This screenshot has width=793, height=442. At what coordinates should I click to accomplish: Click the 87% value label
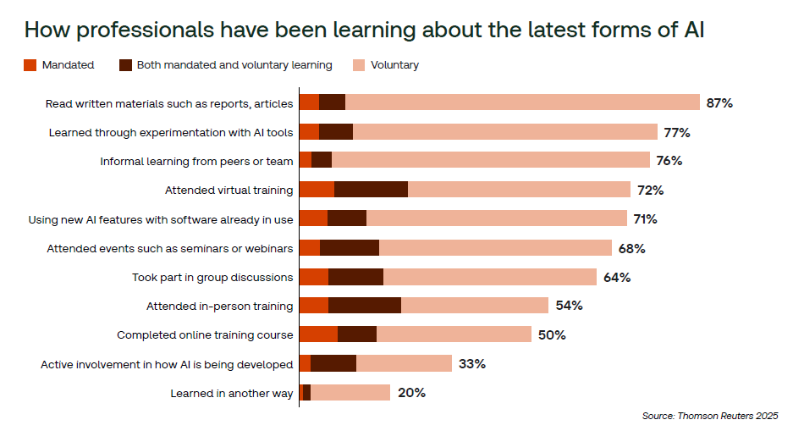719,102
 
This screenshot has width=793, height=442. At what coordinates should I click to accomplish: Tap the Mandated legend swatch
30,65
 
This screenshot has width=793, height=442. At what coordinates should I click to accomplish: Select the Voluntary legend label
394,65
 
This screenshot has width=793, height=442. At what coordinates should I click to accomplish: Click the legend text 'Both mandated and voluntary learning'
234,65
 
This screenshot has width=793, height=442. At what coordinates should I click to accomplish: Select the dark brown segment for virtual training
371,190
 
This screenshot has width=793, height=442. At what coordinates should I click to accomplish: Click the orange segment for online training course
318,334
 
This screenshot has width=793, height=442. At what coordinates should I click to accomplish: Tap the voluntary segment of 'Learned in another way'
350,393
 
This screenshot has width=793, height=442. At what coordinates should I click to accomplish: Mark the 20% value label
412,393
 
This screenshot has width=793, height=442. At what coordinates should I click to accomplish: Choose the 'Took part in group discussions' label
212,277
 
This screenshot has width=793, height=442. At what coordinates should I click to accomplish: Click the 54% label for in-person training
569,306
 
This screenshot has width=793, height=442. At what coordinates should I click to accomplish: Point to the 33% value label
471,364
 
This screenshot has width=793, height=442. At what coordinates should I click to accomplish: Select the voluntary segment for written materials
522,102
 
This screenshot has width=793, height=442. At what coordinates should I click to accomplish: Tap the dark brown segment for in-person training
365,306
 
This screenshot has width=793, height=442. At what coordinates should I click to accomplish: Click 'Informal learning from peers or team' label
196,161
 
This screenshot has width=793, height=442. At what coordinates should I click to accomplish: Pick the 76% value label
669,161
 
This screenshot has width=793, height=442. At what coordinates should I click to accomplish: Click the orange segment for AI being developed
305,364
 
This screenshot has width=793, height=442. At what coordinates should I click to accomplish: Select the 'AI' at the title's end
693,30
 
